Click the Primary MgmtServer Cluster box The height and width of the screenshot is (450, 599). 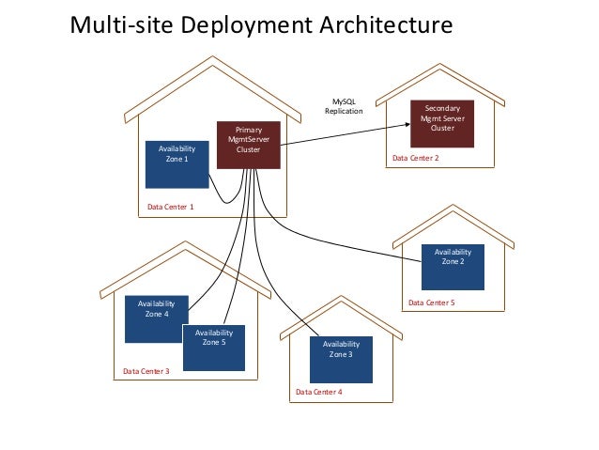249,144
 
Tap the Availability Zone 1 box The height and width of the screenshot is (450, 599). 177,164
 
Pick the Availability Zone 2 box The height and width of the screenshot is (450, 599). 453,266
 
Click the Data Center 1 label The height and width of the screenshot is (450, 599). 171,207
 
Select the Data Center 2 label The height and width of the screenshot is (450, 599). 415,160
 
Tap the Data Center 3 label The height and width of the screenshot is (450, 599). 146,372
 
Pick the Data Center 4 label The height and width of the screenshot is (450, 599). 319,392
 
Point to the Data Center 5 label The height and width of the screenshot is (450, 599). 431,303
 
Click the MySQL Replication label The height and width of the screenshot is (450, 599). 343,106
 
